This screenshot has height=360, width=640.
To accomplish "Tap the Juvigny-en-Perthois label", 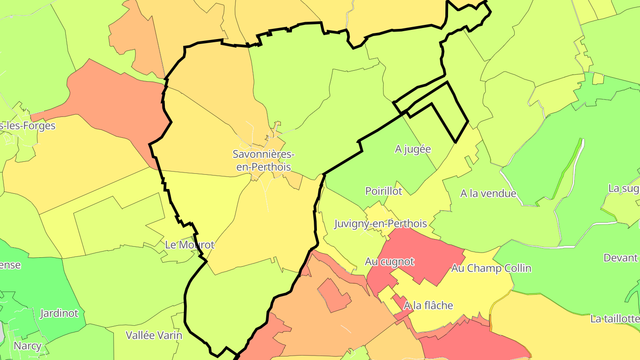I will coord(380,224).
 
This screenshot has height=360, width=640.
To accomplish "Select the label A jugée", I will coord(413,149).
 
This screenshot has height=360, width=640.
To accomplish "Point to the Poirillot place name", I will coord(384,191).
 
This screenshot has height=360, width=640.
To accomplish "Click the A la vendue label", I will coord(488,193).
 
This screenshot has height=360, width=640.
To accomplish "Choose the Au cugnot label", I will coord(389,262).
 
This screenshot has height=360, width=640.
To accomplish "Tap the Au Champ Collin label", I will coord(491,268).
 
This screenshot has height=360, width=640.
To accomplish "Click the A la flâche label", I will coord(428,305).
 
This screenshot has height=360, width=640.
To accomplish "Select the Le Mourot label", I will coord(190,245).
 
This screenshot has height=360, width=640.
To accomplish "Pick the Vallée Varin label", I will coord(154,335).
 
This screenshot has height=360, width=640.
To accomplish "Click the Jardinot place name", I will coord(62,313).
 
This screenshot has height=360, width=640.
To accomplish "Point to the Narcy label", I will coord(28,346).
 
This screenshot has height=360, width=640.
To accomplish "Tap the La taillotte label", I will coord(615,319).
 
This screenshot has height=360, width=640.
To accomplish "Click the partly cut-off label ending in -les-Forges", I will coord(28,126).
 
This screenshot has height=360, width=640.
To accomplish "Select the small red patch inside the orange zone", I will coord(334,296).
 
